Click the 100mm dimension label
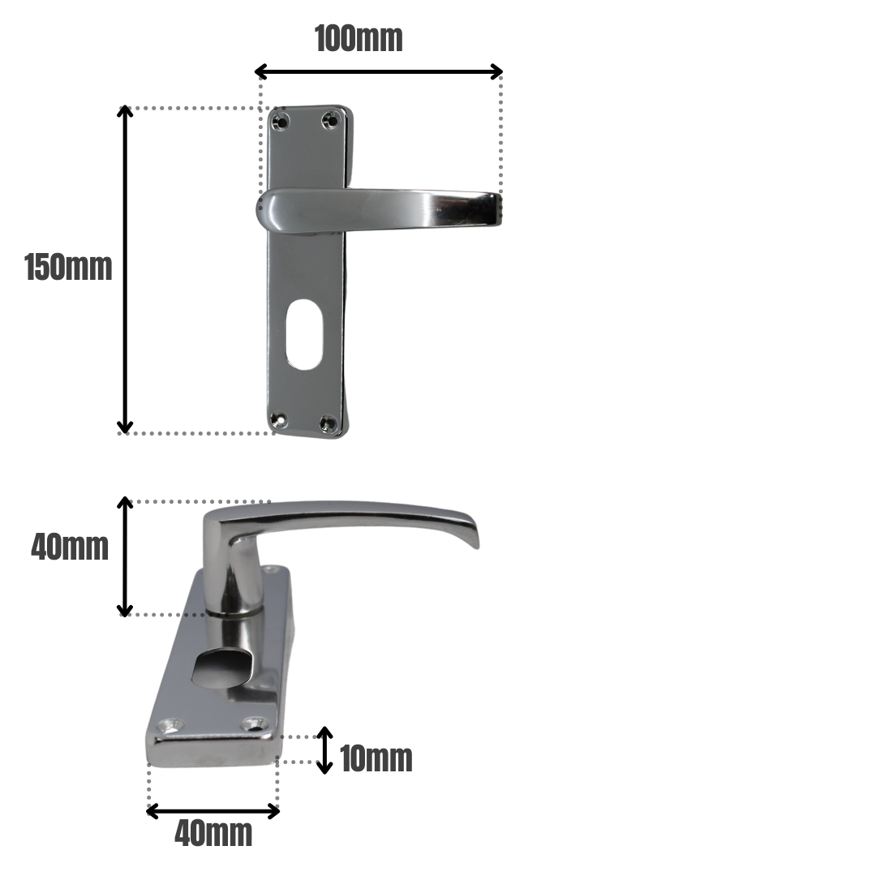click(359, 38)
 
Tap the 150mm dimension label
click(68, 268)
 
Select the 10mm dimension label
click(376, 758)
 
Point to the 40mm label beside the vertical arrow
click(70, 547)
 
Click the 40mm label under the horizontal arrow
click(213, 833)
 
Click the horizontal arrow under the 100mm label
click(379, 71)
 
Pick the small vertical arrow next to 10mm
click(324, 750)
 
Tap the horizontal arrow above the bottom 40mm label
click(213, 810)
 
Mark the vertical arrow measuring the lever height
click(125, 556)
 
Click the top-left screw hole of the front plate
click(281, 122)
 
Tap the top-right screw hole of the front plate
click(330, 121)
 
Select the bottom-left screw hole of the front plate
click(278, 420)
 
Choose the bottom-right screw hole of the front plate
click(328, 422)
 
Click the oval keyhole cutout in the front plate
click(304, 335)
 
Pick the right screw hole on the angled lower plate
click(255, 722)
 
